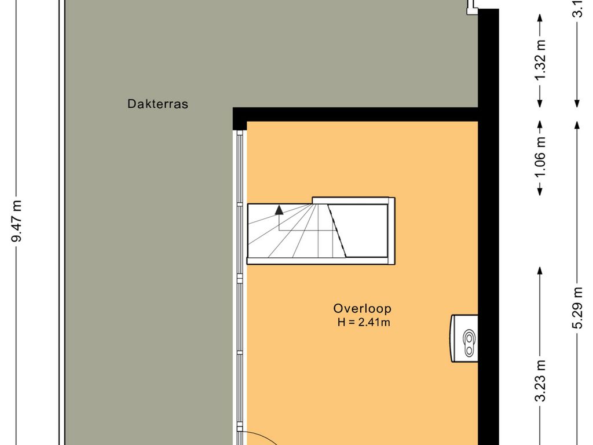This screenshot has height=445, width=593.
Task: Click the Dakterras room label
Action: (x=158, y=105)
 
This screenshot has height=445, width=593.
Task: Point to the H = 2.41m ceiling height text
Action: (x=364, y=323)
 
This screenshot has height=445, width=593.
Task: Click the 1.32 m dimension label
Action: (x=540, y=61)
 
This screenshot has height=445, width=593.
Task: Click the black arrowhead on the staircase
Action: (x=279, y=210)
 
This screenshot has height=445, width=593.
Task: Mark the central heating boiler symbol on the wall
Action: (x=465, y=338)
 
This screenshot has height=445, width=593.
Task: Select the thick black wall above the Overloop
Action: (x=356, y=114)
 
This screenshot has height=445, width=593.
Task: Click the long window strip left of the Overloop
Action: (x=240, y=278)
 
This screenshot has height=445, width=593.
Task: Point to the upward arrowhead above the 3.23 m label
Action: (x=540, y=270)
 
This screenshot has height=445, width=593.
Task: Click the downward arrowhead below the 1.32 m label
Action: (x=540, y=103)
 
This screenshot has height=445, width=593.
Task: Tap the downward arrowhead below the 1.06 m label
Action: (x=540, y=191)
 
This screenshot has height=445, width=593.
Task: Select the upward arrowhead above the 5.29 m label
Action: (x=577, y=124)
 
